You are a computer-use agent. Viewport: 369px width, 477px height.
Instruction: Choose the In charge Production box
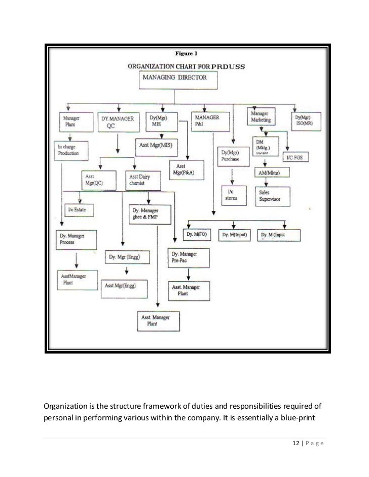click(x=72, y=150)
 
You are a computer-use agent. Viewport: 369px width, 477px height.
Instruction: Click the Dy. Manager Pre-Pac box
click(x=188, y=256)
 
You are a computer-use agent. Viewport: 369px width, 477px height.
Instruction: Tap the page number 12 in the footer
click(x=297, y=444)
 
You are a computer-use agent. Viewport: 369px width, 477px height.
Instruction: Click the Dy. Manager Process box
click(x=76, y=239)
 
